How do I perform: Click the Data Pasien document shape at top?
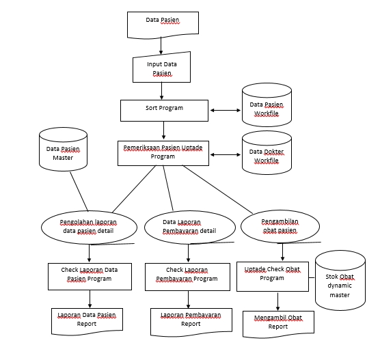(x=163, y=23)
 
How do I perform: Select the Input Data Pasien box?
(x=161, y=68)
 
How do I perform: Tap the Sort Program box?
(x=163, y=109)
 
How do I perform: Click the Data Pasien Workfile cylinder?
(x=266, y=109)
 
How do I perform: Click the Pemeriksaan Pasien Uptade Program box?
(x=163, y=152)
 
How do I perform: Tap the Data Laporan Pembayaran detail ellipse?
(x=189, y=227)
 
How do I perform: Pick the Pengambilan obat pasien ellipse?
(x=280, y=225)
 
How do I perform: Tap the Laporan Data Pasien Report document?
(x=87, y=320)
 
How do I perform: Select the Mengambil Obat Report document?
(x=277, y=322)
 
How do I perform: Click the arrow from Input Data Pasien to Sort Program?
(x=162, y=91)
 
